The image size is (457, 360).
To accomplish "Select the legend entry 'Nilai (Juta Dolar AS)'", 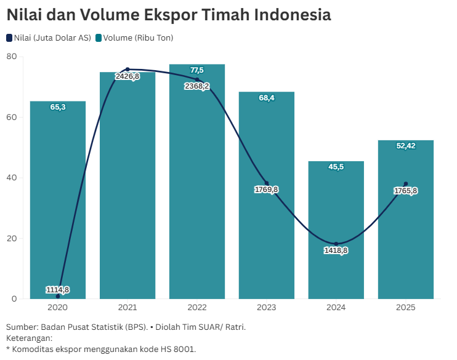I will pyautogui.click(x=49, y=38).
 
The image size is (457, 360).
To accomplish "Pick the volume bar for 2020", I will pyautogui.click(x=58, y=197).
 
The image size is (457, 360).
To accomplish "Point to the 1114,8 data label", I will pyautogui.click(x=58, y=290).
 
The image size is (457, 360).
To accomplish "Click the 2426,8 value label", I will pyautogui.click(x=127, y=76).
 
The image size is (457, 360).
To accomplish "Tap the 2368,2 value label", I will pyautogui.click(x=197, y=86).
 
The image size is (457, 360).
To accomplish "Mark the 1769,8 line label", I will pyautogui.click(x=267, y=190).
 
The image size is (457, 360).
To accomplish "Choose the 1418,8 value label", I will pyautogui.click(x=336, y=250).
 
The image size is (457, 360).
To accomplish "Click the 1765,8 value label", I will pyautogui.click(x=406, y=191).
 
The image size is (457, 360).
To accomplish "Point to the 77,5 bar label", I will pyautogui.click(x=197, y=70).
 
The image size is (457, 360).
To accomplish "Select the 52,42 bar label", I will pyautogui.click(x=406, y=146).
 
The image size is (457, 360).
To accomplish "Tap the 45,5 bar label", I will pyautogui.click(x=336, y=167).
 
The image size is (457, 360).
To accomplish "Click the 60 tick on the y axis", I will pyautogui.click(x=12, y=117).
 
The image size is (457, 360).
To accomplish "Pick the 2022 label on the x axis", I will pyautogui.click(x=197, y=307).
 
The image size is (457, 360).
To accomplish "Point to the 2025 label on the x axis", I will pyautogui.click(x=406, y=307).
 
